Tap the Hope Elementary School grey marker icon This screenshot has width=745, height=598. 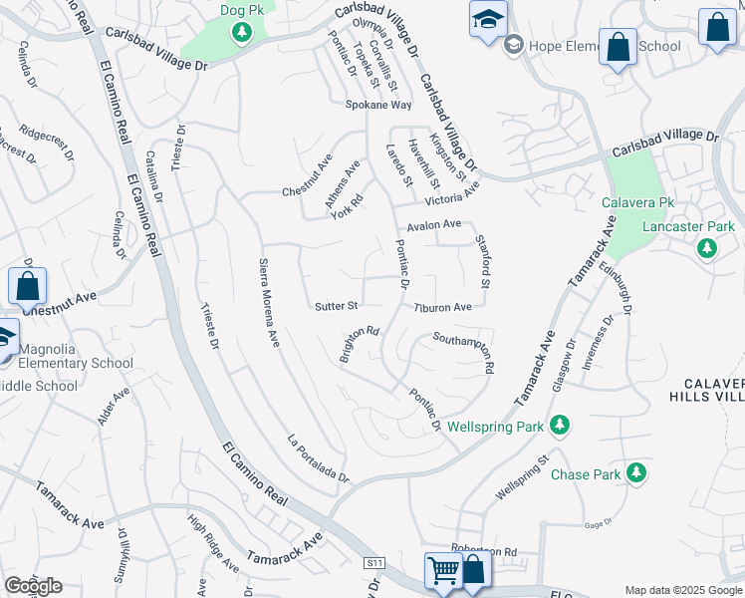point(514,44)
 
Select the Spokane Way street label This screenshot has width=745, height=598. point(378,105)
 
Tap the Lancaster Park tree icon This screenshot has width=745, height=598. point(707,247)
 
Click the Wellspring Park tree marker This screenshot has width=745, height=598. point(561,426)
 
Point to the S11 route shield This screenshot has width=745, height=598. point(374,563)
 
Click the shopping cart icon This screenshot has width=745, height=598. point(442,571)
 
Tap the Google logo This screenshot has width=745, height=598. point(34,586)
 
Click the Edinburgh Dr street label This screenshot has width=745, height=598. point(616,290)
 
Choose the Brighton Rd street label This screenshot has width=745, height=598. point(360,345)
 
